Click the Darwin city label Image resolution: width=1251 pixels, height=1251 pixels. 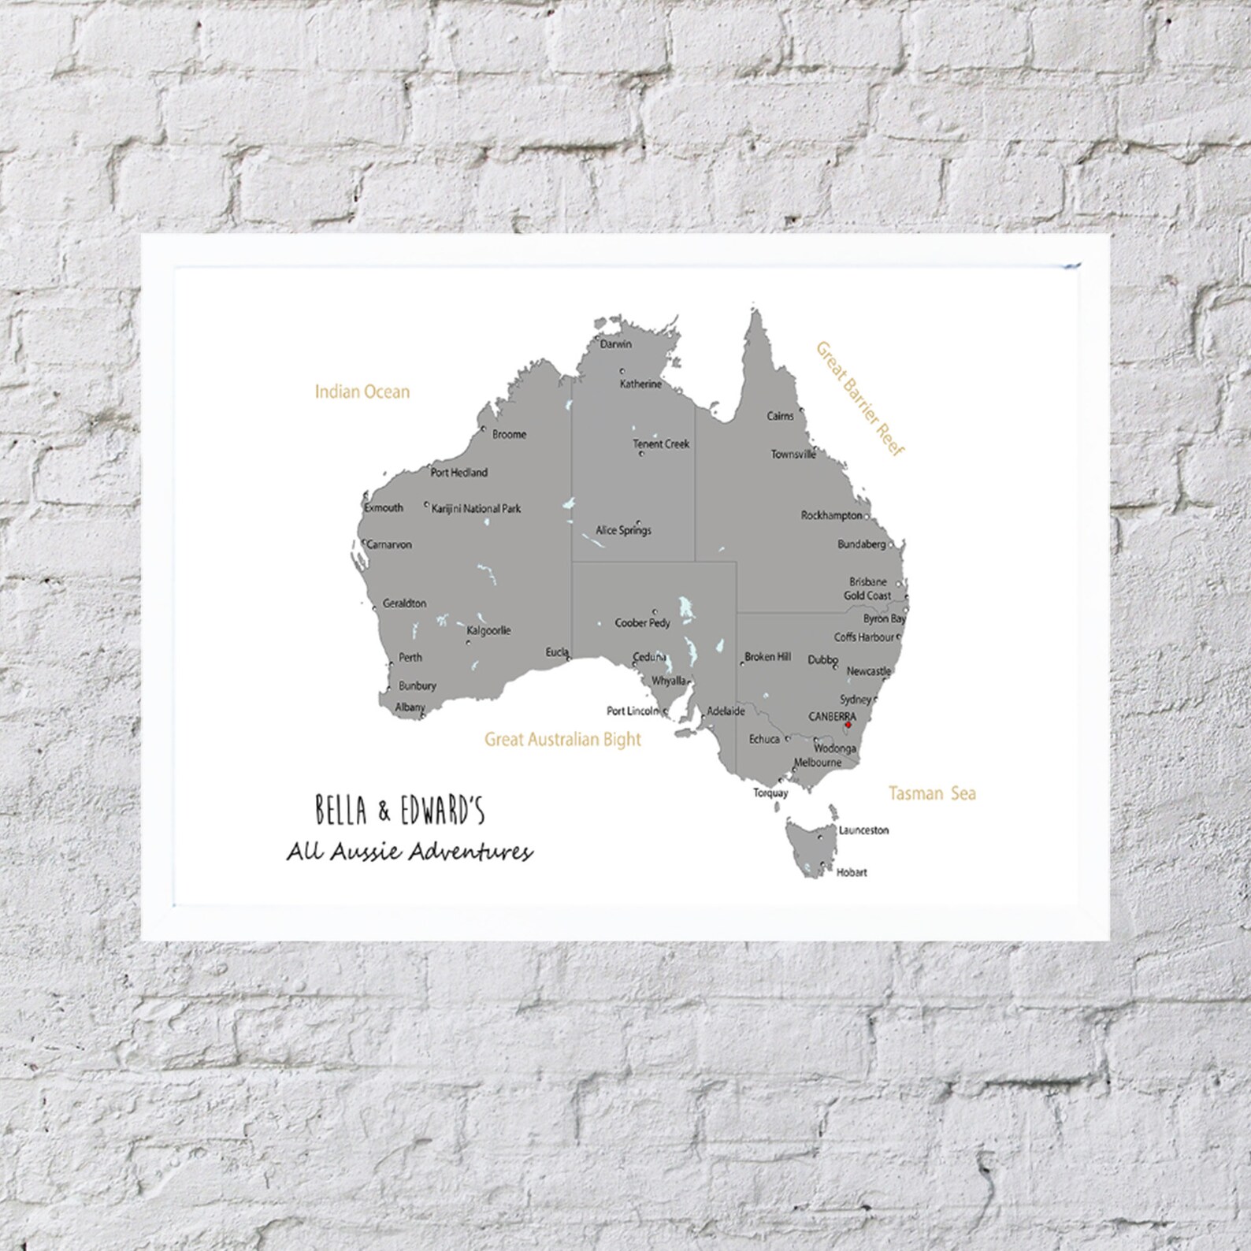coord(616,344)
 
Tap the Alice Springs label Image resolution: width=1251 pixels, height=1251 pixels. coord(623,531)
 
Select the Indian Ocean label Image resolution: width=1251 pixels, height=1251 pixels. coord(362,392)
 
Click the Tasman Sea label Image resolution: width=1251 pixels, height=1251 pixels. coord(932,793)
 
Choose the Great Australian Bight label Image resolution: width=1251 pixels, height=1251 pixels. coord(562,740)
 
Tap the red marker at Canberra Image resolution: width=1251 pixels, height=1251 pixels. coord(848,725)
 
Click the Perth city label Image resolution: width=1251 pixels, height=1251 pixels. coord(410,657)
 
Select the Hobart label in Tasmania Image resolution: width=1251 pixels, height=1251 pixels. coord(853,872)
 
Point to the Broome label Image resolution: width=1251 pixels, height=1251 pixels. coord(509,434)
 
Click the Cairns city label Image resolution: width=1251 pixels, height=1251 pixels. coord(781,416)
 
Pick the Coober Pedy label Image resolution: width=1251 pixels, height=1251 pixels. coord(643,623)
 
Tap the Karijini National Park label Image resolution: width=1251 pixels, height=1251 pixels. coord(477,509)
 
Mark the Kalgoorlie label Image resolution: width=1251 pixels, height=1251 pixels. coord(488,630)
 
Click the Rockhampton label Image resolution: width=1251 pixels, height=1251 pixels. coord(832,516)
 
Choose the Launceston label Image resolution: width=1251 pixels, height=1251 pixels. coord(863,830)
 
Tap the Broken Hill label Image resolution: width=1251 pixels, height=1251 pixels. coord(767,656)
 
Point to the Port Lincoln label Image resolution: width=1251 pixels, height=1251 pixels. coord(633,711)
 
